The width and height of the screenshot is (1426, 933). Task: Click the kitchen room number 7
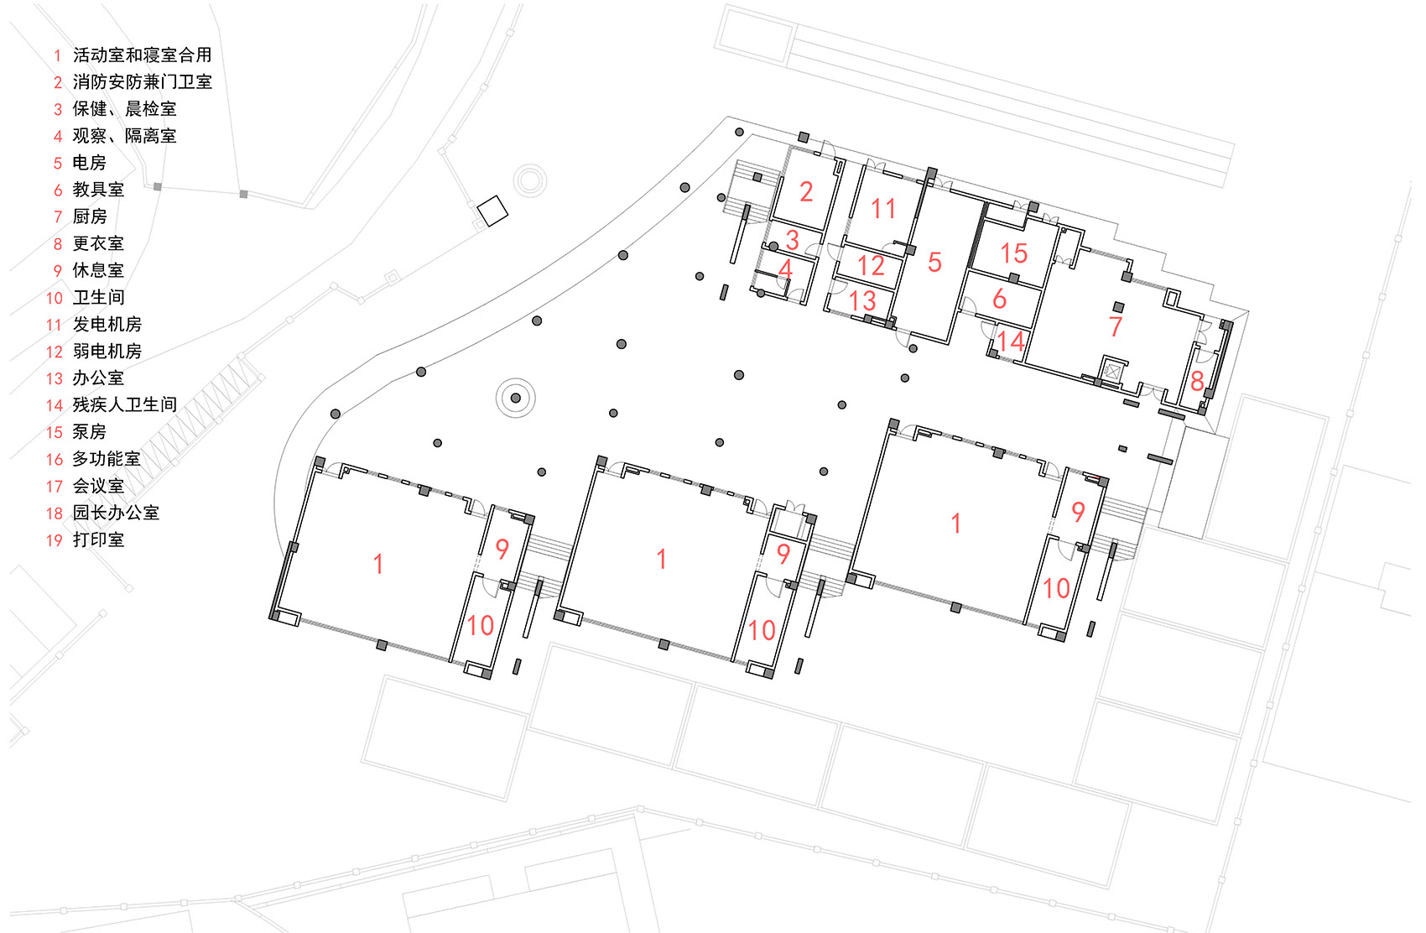(x=1115, y=326)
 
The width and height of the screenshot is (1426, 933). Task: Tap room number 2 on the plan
(x=806, y=192)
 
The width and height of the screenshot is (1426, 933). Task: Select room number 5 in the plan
(x=934, y=263)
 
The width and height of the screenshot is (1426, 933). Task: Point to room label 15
(x=1013, y=253)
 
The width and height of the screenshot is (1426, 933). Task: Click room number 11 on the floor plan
(x=883, y=208)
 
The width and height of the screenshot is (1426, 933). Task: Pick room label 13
(x=862, y=300)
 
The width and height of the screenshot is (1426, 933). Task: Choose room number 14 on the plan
(x=1010, y=341)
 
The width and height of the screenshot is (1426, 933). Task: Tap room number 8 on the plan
(x=1197, y=382)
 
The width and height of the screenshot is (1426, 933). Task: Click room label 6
(x=999, y=299)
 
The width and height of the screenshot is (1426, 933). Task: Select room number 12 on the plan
(x=871, y=266)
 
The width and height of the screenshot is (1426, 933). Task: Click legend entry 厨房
(x=90, y=216)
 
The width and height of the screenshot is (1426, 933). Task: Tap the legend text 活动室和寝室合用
(x=142, y=55)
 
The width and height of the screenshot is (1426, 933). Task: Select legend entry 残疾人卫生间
(x=124, y=404)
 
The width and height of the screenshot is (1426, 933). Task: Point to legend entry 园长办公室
(x=116, y=513)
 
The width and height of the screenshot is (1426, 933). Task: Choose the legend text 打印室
(x=98, y=539)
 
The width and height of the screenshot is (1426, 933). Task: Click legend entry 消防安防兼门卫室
(x=142, y=82)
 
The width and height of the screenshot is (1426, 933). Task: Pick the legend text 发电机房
(x=107, y=324)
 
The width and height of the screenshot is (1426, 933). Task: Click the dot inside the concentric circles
(x=516, y=398)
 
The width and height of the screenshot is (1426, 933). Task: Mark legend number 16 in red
(x=55, y=459)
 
